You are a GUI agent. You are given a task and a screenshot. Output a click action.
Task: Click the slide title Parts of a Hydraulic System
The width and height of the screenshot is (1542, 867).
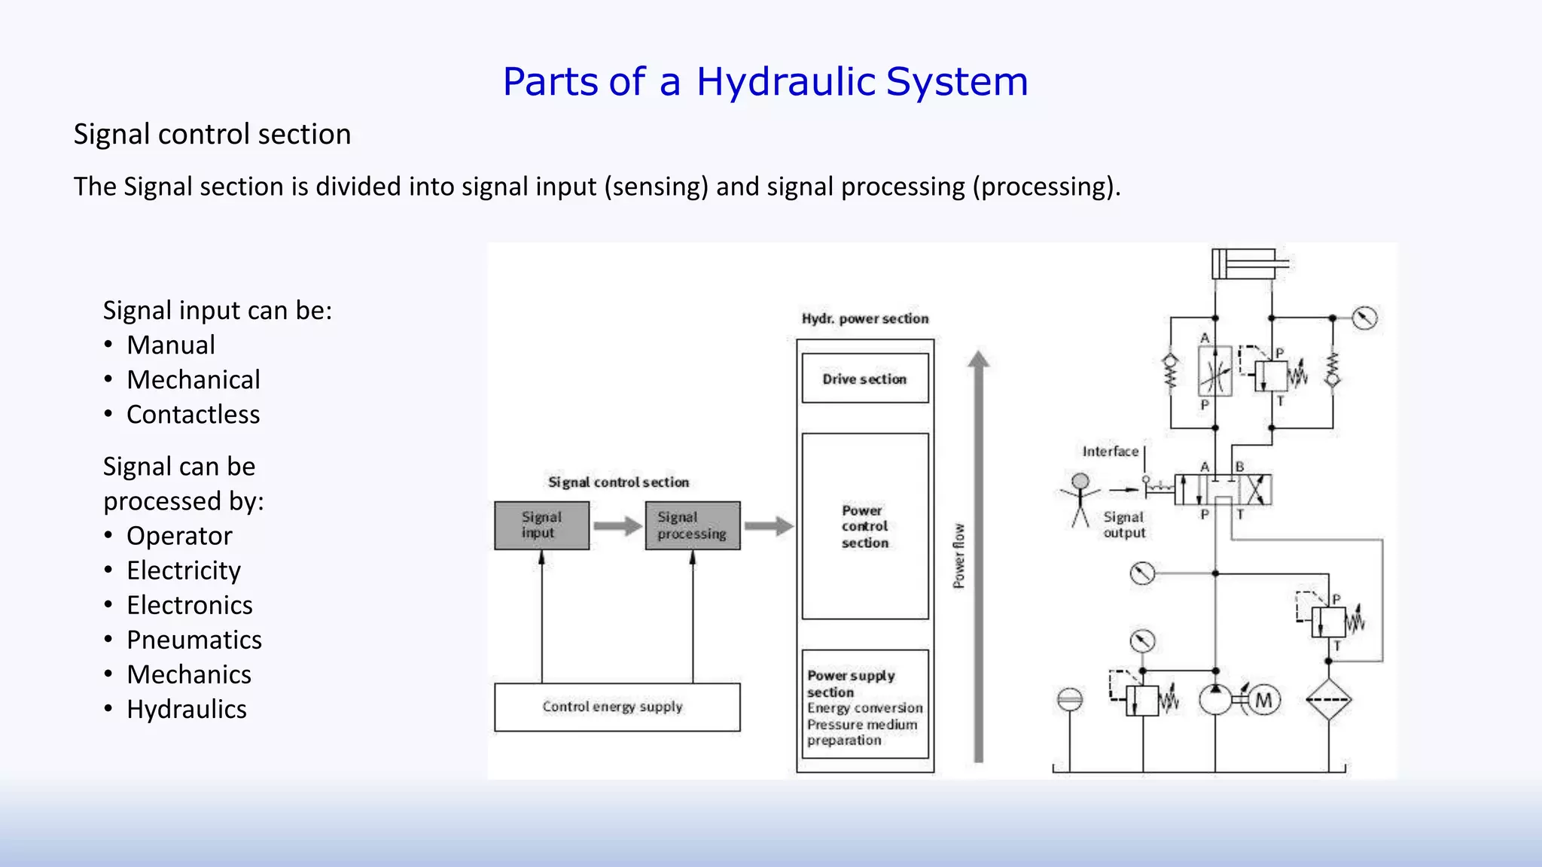tap(765, 81)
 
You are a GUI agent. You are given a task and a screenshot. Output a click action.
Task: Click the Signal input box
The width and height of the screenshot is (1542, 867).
tap(541, 525)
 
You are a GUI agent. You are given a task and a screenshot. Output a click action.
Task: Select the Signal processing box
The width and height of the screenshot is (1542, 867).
tap(692, 525)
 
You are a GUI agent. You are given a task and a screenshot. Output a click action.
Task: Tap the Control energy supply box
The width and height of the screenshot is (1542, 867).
tap(617, 707)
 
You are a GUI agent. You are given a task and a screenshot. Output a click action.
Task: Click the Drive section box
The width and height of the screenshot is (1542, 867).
tap(864, 379)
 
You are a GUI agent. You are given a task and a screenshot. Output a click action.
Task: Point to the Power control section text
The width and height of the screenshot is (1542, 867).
tap(864, 526)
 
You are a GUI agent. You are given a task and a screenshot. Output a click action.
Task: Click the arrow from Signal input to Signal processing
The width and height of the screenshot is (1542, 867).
tap(617, 525)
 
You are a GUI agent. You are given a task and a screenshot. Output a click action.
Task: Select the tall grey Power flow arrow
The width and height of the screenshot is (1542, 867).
tap(978, 557)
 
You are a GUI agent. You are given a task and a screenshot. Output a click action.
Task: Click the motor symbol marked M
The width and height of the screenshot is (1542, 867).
tap(1264, 701)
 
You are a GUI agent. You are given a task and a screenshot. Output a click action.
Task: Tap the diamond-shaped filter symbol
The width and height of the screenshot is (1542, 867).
tap(1328, 700)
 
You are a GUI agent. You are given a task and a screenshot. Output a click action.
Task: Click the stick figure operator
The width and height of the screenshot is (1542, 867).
tap(1080, 500)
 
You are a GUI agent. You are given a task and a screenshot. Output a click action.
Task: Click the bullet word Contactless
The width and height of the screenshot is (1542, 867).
tap(193, 415)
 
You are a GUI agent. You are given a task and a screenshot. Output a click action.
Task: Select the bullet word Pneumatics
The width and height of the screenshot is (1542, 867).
tap(194, 640)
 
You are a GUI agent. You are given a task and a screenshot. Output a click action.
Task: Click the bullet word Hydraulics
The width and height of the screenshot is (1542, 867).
tap(187, 709)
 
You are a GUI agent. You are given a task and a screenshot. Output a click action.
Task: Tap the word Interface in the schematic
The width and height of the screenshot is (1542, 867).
tap(1110, 452)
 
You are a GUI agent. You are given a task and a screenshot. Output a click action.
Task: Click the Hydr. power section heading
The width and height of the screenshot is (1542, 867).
tap(864, 318)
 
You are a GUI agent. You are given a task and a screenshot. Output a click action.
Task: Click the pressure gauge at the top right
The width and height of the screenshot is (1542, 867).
tap(1364, 318)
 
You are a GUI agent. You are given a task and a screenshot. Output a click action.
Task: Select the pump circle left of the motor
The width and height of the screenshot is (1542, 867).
tap(1214, 701)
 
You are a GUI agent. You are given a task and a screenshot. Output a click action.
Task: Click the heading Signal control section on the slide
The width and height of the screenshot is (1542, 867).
tap(212, 135)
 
